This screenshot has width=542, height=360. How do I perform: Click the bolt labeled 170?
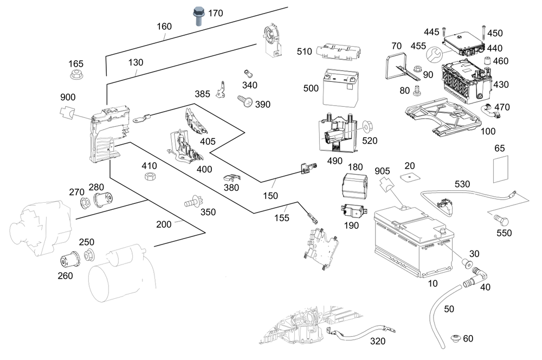pos(199,16)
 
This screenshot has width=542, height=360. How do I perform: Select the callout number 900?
pos(68,97)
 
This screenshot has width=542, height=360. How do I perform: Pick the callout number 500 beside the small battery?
pos(311,88)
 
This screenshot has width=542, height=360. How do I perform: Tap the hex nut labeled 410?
pos(150,176)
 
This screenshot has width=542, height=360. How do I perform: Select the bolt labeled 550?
pos(502,220)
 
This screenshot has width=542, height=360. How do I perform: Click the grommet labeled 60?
pos(455,339)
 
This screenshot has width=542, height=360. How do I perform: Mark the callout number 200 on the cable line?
pos(164,223)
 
